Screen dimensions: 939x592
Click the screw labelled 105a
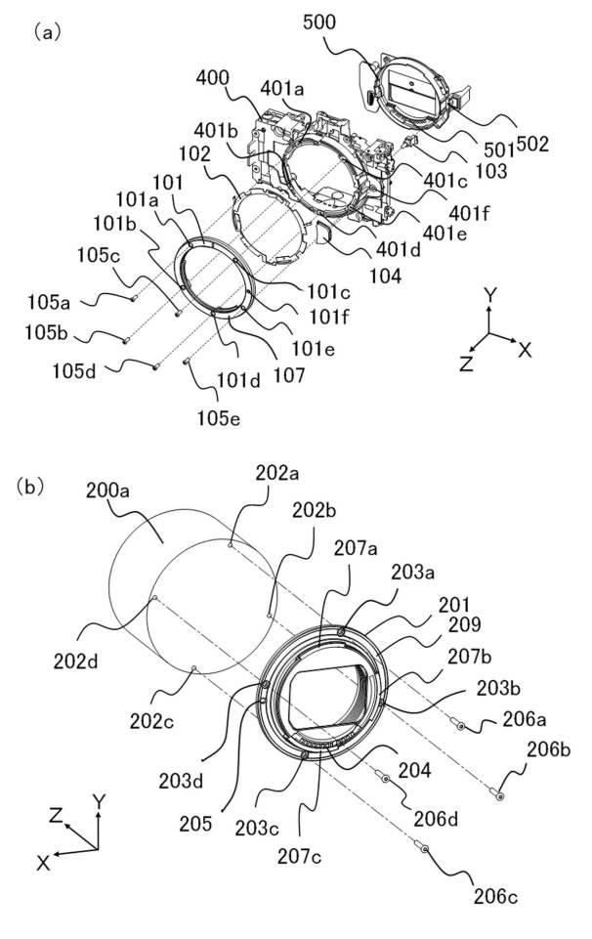[x=132, y=297]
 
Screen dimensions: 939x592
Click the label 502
[x=532, y=145]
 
